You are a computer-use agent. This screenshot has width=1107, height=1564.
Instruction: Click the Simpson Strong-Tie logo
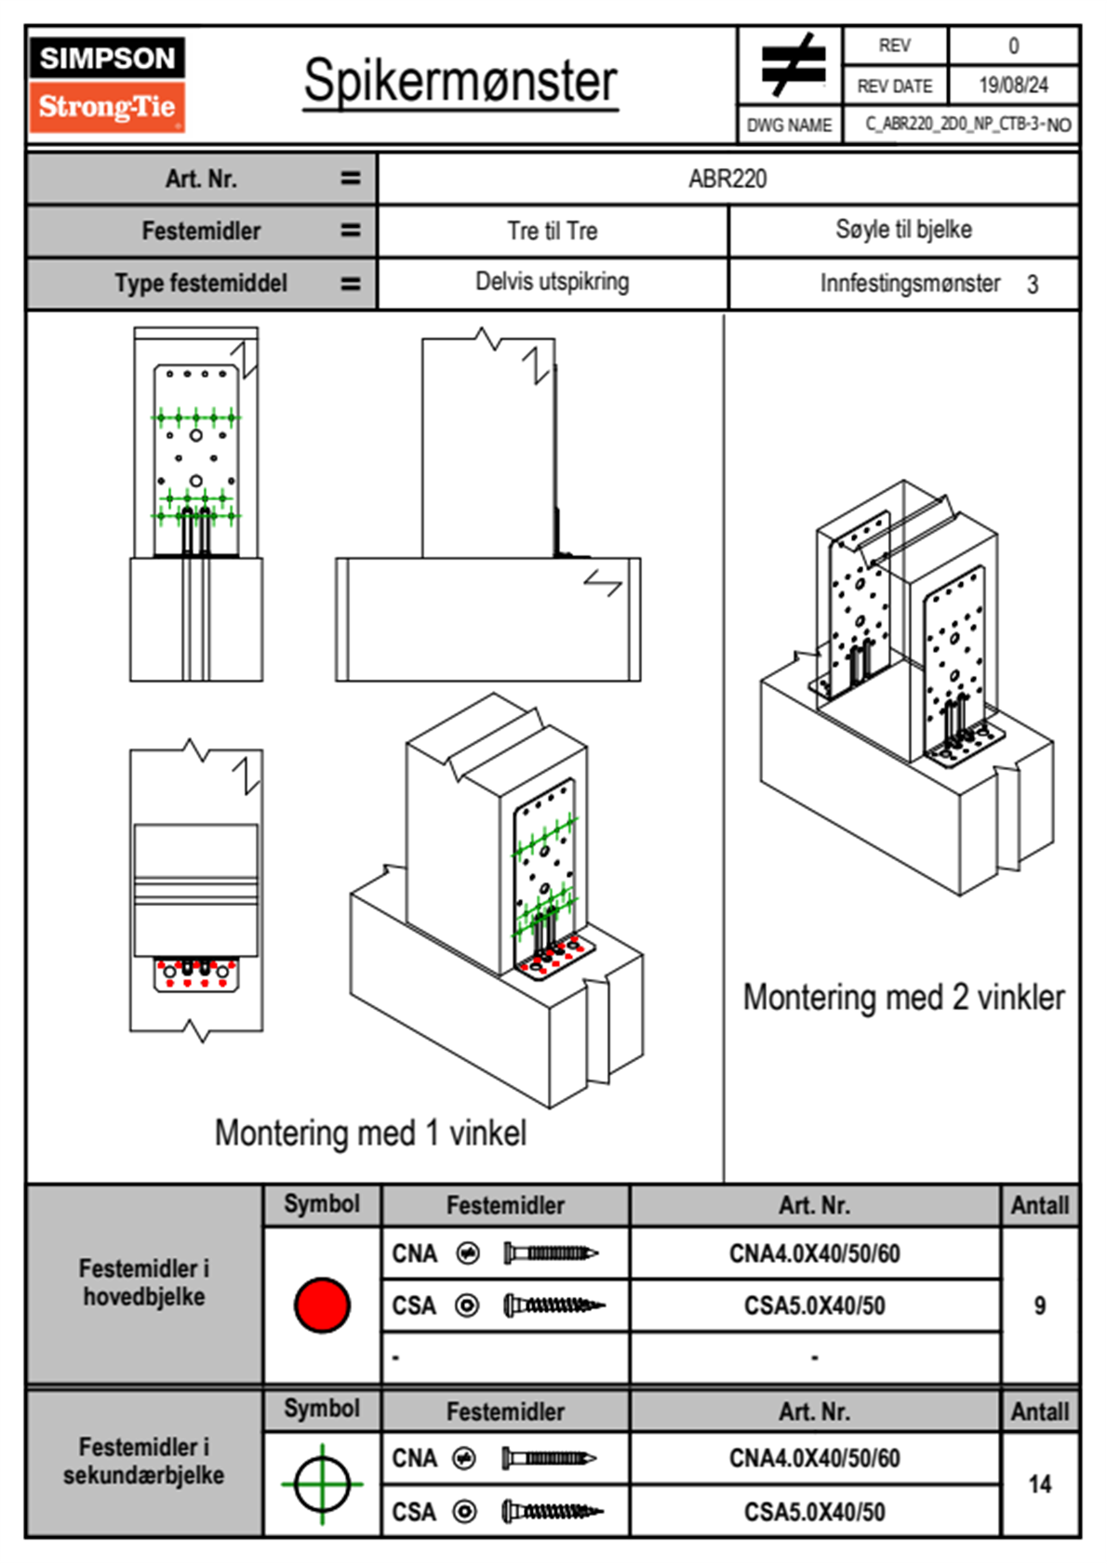coord(107,85)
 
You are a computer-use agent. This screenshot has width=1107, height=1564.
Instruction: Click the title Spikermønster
coord(460,82)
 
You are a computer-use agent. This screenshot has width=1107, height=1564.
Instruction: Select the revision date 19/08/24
coord(1013,86)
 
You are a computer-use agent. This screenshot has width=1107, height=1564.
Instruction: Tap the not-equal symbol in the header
coord(792,65)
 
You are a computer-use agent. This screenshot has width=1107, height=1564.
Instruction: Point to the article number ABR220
coord(727,179)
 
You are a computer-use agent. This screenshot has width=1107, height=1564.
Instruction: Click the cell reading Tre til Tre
coord(552,232)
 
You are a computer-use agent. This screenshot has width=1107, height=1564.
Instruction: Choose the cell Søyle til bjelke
coord(903,230)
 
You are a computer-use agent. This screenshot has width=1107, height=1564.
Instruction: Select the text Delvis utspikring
coord(552,282)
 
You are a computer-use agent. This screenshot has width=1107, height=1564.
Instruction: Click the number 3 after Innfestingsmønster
coord(1033,285)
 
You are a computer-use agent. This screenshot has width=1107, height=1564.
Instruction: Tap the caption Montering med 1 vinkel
coord(370,1133)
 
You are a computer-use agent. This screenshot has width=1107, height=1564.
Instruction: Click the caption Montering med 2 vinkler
coord(903,997)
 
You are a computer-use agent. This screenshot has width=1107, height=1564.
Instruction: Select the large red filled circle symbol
coord(322,1305)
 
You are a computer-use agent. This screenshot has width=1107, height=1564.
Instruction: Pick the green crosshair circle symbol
coord(322,1484)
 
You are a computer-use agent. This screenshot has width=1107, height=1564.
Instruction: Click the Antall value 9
coord(1040,1306)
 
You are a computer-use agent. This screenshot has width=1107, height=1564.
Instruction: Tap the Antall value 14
coord(1040,1484)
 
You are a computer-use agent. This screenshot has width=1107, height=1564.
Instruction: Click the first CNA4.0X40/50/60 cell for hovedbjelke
coord(814,1253)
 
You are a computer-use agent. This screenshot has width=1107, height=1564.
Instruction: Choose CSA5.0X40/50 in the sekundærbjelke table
coord(814,1512)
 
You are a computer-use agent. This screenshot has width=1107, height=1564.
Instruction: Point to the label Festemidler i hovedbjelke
coord(144,1282)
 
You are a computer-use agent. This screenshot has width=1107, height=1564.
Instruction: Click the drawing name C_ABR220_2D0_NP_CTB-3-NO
coord(967,125)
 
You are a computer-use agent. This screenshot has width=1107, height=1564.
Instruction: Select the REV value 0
coord(1013,46)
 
